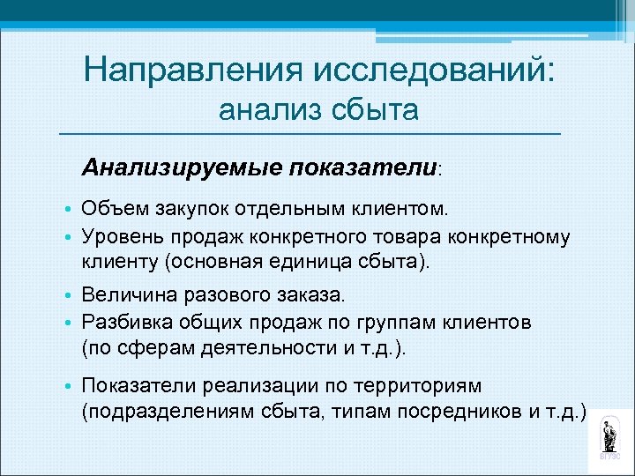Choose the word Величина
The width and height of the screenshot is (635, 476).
[124, 292]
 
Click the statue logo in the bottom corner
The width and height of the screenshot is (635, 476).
[609, 437]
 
